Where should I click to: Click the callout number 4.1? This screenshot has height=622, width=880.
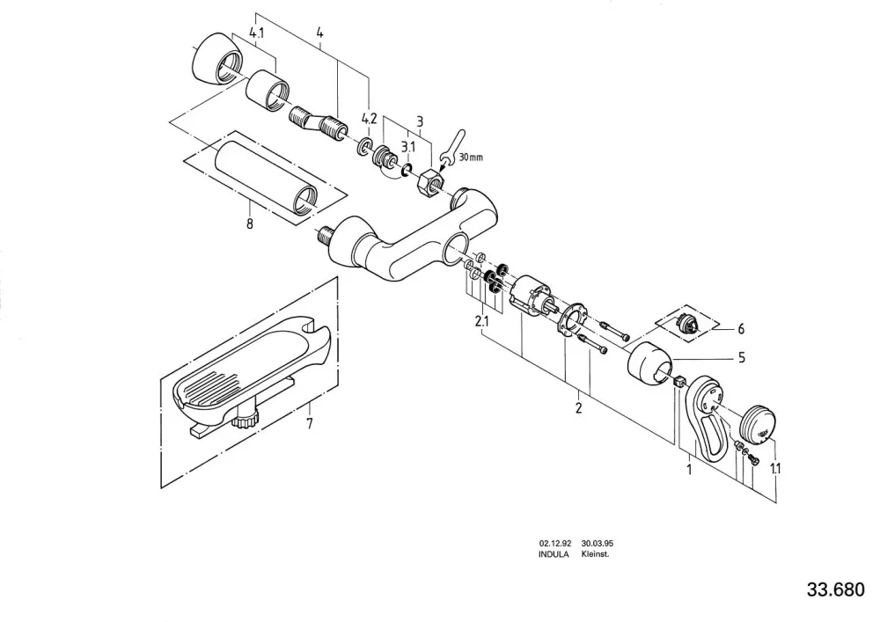tap(256, 33)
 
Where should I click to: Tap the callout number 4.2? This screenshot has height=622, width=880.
tap(369, 119)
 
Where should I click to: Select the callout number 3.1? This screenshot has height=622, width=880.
tap(408, 147)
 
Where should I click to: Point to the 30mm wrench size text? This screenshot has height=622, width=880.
tap(470, 157)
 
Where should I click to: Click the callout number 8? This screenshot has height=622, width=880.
tap(249, 223)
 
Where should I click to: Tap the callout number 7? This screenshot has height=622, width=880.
tap(309, 423)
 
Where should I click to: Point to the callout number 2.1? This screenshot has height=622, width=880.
tap(481, 321)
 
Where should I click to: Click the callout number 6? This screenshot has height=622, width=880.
tap(741, 329)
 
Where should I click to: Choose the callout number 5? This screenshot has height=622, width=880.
tap(741, 357)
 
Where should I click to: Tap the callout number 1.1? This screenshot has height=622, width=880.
tap(775, 468)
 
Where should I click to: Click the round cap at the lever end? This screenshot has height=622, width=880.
tap(759, 425)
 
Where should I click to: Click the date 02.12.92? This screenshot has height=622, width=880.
tap(555, 544)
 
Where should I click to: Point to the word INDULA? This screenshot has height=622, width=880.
tap(554, 554)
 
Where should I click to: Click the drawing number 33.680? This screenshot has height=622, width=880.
tap(836, 590)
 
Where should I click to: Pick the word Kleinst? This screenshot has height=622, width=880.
tap(595, 554)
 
